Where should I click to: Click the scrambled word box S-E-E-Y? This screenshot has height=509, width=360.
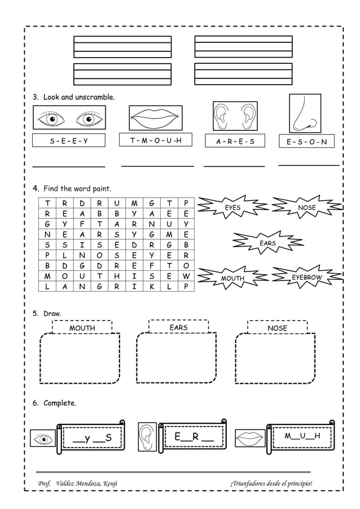(69, 141)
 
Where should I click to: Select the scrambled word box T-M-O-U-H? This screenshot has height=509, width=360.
(156, 140)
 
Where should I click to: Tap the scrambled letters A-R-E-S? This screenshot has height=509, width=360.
(235, 142)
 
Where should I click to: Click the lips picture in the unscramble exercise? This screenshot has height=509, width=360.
(156, 118)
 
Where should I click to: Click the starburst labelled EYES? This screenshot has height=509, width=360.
(232, 208)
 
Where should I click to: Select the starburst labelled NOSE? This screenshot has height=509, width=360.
(307, 208)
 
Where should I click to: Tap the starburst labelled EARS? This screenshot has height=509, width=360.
(267, 243)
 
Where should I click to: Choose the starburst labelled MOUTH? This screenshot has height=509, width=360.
(232, 278)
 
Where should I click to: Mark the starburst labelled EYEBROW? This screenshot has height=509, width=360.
(306, 278)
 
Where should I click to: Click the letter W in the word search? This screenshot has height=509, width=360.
(186, 276)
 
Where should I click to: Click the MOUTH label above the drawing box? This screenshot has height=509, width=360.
(82, 328)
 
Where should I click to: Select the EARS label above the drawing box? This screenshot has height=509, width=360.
(178, 327)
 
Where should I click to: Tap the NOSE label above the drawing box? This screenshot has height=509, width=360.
(277, 328)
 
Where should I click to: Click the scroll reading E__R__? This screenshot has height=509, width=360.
(194, 437)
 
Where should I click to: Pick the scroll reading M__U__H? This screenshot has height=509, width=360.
(302, 436)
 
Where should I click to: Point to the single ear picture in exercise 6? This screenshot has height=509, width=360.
(147, 436)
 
